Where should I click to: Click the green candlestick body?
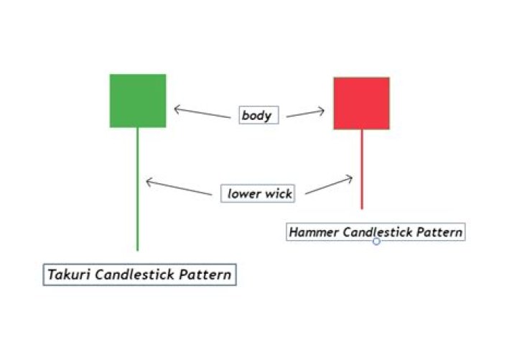click(x=138, y=101)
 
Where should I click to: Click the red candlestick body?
click(x=361, y=103)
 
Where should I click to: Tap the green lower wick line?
click(x=137, y=189)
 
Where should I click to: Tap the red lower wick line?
click(x=362, y=170)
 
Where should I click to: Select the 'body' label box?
click(x=258, y=115)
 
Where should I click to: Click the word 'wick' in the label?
click(x=279, y=193)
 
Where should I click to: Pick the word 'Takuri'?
click(x=69, y=274)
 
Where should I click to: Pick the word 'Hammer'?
click(x=314, y=232)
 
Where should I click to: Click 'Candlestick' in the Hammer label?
click(x=378, y=232)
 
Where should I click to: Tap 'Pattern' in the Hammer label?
click(x=439, y=232)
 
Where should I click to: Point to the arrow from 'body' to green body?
click(x=202, y=113)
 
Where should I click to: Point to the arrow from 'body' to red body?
click(x=305, y=113)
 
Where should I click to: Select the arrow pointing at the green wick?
click(x=179, y=187)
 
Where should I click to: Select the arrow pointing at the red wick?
click(x=329, y=185)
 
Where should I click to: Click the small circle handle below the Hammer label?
click(x=376, y=241)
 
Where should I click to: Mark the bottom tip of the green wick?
click(x=137, y=251)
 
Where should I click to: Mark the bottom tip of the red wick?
click(x=362, y=209)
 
